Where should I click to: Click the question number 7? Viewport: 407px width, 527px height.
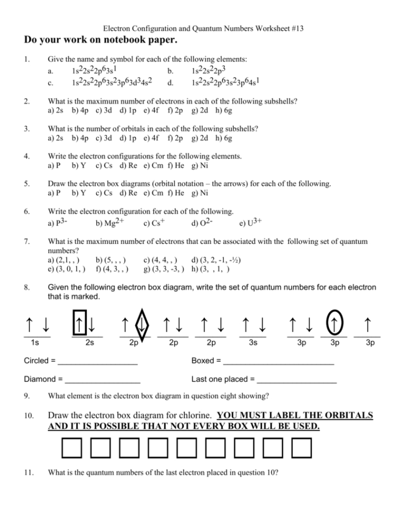pos(27,241)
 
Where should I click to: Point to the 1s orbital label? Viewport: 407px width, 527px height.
pos(35,343)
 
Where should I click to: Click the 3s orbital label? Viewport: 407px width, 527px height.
pos(253,343)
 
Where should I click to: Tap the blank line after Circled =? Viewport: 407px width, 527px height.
pos(97,361)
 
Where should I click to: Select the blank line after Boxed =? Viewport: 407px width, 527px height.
pos(278,361)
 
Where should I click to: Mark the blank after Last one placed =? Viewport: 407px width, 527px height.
pos(297,380)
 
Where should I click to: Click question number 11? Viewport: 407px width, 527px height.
pos(28,473)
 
